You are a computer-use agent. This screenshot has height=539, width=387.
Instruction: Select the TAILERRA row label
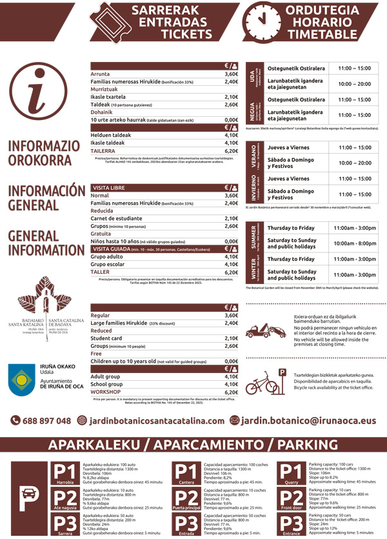point(103,150)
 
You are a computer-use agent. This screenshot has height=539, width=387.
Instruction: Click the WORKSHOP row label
point(106,392)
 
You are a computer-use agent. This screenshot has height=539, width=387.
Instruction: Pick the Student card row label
point(106,338)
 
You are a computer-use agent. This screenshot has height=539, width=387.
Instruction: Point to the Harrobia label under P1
point(65,482)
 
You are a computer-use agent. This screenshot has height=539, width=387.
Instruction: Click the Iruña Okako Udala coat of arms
point(22,377)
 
